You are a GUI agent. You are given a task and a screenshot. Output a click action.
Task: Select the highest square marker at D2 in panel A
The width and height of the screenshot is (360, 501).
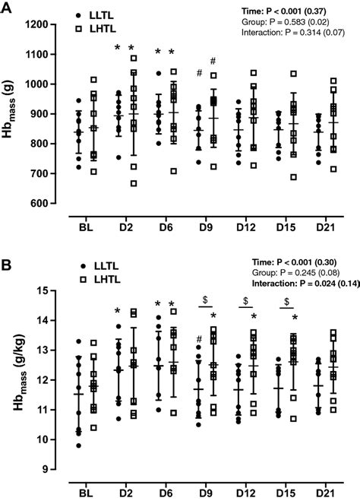[134, 58]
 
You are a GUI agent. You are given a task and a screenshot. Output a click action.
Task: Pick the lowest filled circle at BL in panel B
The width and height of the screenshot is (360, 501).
[78, 446]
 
